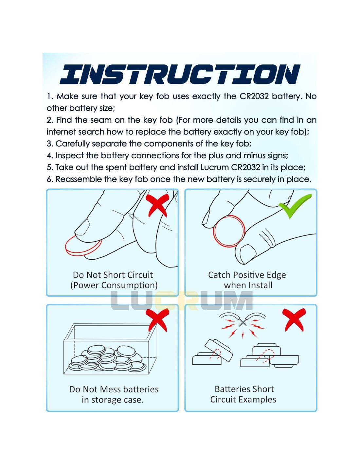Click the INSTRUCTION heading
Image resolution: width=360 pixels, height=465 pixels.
(180, 74)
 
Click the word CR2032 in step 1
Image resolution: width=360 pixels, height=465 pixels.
(254, 96)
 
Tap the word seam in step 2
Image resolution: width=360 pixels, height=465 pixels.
(100, 120)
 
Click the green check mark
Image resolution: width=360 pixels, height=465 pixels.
(295, 206)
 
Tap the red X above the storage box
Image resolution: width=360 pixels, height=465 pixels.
(157, 320)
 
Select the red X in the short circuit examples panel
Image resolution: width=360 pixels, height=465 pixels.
(294, 320)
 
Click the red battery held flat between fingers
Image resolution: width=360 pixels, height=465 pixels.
(83, 246)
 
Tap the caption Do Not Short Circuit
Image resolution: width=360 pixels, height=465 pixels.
(113, 275)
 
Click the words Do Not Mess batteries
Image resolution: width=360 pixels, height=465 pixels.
(114, 389)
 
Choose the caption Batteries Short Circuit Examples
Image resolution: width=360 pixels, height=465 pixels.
(243, 394)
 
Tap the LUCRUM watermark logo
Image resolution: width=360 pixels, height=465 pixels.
(182, 301)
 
